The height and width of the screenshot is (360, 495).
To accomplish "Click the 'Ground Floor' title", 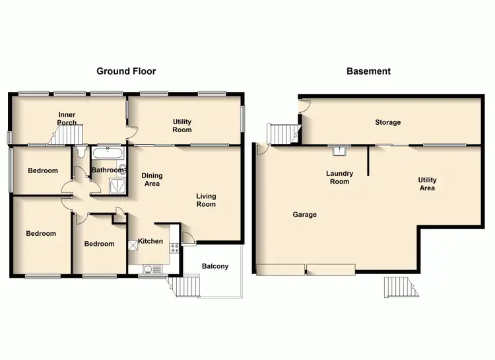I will [x=126, y=71].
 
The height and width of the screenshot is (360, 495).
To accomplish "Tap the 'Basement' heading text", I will [x=368, y=71].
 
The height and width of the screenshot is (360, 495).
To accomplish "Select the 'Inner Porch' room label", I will [x=67, y=118].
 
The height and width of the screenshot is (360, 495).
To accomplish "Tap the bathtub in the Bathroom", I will [x=106, y=154].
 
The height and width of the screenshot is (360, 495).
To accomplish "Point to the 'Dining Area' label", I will [x=152, y=180].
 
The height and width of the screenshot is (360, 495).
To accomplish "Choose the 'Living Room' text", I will [x=206, y=200].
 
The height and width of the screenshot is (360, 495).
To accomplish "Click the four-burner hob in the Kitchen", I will [x=176, y=248].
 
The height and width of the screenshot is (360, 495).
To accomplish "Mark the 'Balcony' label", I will [x=215, y=266].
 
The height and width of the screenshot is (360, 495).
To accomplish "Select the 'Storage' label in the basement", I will [x=387, y=122].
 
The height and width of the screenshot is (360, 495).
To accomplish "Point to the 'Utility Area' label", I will [x=427, y=184].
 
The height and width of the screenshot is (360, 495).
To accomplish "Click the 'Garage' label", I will [x=305, y=215].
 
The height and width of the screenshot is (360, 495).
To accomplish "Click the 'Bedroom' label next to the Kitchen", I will [x=99, y=244].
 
